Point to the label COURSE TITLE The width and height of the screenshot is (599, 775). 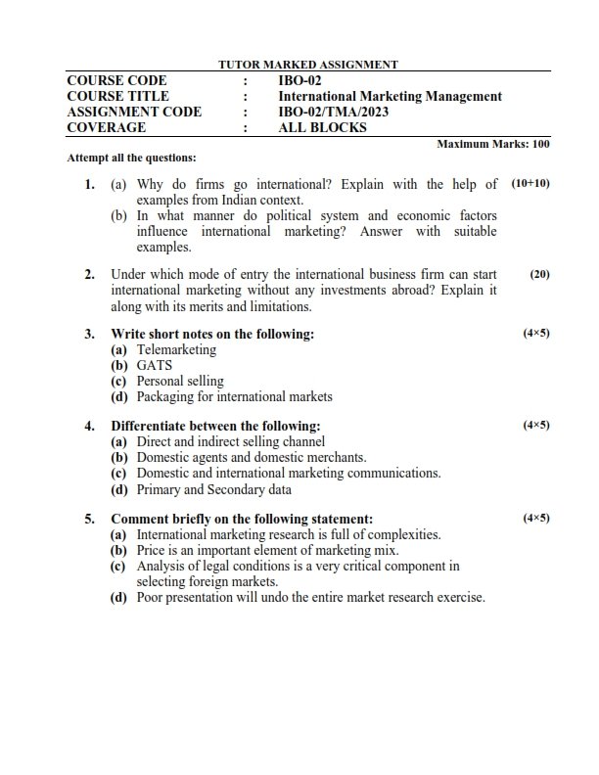117,96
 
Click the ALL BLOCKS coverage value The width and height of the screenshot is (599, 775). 322,127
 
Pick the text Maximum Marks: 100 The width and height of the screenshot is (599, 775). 493,144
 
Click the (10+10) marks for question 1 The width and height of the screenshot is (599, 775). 530,183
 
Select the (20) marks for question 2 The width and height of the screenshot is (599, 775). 539,275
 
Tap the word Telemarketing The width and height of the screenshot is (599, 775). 176,349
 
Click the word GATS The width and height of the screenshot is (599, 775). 155,365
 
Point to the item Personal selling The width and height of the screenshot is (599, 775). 180,381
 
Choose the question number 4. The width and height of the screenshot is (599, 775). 89,426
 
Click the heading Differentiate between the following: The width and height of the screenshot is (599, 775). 215,426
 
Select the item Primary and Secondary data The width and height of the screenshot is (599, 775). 213,489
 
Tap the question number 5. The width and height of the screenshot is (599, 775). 89,519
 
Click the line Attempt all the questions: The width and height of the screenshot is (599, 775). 131,158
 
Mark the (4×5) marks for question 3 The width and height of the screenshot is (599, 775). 536,334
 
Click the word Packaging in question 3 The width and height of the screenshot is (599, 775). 165,396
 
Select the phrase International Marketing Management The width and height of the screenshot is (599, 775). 390,96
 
